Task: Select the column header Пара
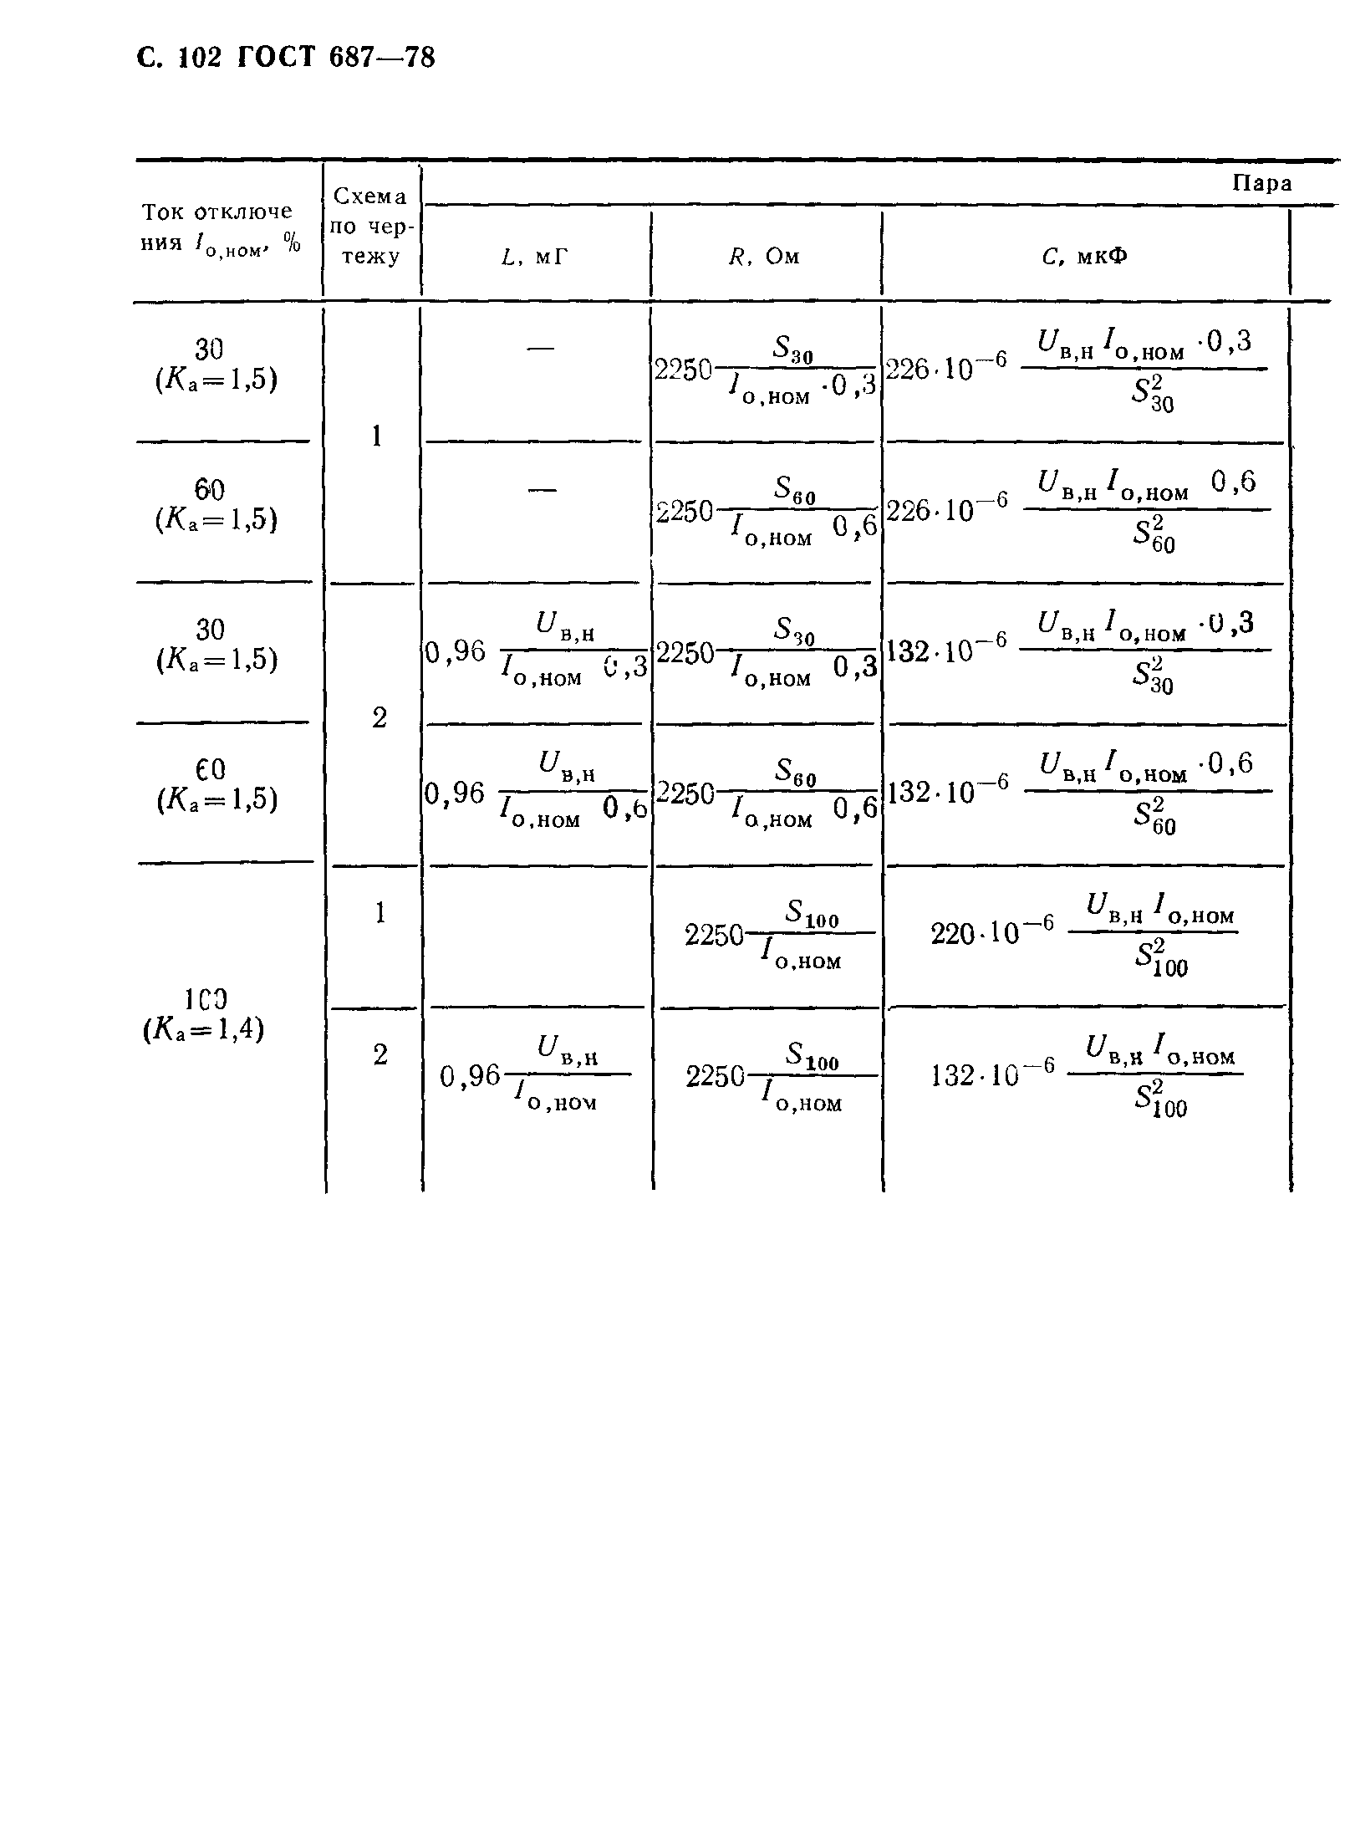click(1262, 183)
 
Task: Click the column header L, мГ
click(535, 257)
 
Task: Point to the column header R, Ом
click(764, 257)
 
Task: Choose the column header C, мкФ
click(1084, 257)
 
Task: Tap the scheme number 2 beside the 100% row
click(380, 1055)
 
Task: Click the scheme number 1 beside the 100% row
click(380, 913)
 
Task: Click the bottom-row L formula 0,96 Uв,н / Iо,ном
click(535, 1076)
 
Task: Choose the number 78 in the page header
click(417, 57)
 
